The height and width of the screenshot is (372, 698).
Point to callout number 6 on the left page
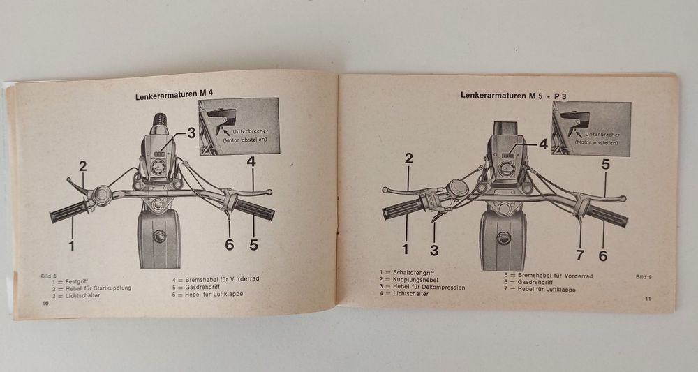click(x=230, y=244)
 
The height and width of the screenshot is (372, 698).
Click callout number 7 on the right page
click(x=579, y=255)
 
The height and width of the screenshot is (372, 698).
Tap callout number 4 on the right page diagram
click(x=542, y=144)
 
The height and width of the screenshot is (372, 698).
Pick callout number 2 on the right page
click(x=408, y=158)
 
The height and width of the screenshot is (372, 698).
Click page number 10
click(x=45, y=304)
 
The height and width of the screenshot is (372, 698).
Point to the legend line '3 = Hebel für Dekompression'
click(x=422, y=287)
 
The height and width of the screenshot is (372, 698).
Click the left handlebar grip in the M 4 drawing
click(x=68, y=213)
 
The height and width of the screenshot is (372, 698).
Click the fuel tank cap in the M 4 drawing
click(x=159, y=237)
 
